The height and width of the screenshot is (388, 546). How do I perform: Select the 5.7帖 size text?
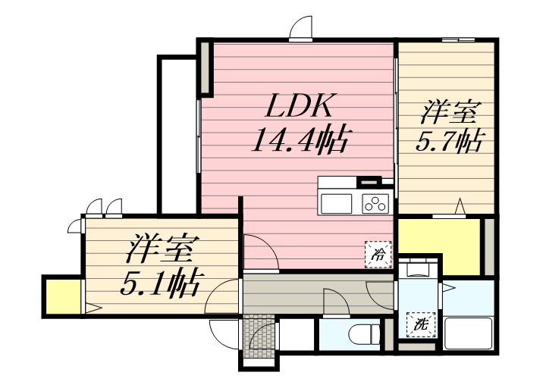point(450,142)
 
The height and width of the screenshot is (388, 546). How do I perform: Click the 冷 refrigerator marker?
point(377,254)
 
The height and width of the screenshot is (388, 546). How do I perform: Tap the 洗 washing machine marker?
point(419,324)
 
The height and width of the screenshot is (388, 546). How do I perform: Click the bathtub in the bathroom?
point(469,334)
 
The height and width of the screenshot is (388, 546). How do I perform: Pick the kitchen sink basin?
point(337,203)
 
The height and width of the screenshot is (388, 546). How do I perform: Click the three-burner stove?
point(375,203)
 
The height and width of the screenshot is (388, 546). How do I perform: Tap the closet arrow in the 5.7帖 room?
point(459,205)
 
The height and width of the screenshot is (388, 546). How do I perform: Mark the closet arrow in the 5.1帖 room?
point(93,308)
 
